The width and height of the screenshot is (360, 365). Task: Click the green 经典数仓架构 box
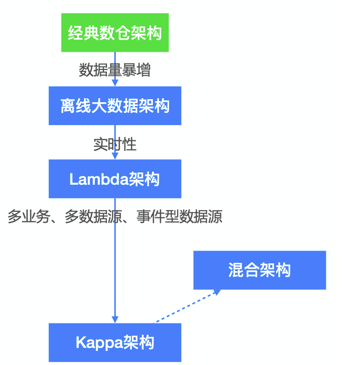115,33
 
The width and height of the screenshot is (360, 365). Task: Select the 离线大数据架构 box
115,106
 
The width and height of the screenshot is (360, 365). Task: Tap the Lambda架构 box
115,179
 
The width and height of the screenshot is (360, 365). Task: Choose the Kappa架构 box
115,342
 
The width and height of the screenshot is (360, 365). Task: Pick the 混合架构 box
259,270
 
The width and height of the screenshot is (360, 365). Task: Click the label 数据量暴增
115,70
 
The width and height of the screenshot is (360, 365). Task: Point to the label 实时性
115,144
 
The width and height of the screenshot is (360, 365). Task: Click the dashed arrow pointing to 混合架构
186,307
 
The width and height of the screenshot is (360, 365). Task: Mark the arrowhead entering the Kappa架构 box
115,319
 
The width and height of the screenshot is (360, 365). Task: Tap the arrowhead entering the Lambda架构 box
115,156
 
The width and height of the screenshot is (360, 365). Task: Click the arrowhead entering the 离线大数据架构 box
115,83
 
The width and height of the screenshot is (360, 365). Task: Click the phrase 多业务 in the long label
29,216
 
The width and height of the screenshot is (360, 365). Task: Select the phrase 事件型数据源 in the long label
179,216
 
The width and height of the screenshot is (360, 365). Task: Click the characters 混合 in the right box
243,270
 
